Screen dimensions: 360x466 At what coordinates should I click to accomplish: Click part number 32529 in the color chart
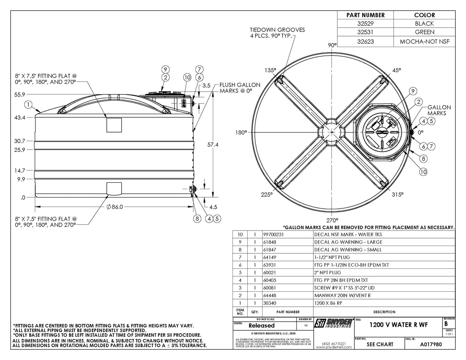(x=365, y=24)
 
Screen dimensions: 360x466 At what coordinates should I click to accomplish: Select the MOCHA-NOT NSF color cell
(x=424, y=42)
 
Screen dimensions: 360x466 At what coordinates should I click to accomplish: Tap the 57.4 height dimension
(x=213, y=145)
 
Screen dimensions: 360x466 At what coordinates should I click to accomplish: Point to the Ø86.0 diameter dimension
(x=114, y=207)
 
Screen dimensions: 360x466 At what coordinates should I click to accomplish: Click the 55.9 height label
(x=19, y=94)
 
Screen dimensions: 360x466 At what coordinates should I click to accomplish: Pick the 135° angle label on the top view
(x=270, y=70)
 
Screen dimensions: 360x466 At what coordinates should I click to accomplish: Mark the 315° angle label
(x=398, y=194)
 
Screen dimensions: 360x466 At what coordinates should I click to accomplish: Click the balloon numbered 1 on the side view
(x=29, y=104)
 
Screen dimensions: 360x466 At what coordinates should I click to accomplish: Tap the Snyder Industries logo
(x=333, y=323)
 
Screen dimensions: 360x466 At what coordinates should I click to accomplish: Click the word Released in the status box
(x=262, y=326)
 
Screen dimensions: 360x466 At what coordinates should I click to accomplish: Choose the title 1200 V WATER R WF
(x=399, y=325)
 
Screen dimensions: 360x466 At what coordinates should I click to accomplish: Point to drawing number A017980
(x=431, y=344)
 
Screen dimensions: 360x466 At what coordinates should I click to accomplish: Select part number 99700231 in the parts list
(x=274, y=235)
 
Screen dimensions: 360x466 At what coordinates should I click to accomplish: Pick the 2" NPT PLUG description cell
(x=328, y=272)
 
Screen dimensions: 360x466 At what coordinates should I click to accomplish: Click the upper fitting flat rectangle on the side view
(x=114, y=125)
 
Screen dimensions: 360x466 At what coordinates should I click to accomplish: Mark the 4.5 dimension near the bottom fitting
(x=213, y=207)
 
